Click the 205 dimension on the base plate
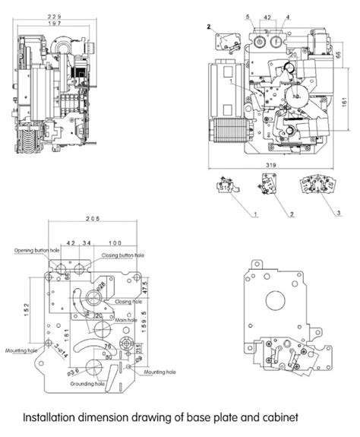pos(93,220)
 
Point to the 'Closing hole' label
pos(128,301)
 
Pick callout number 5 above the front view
pos(247,16)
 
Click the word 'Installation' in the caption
pos(45,418)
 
